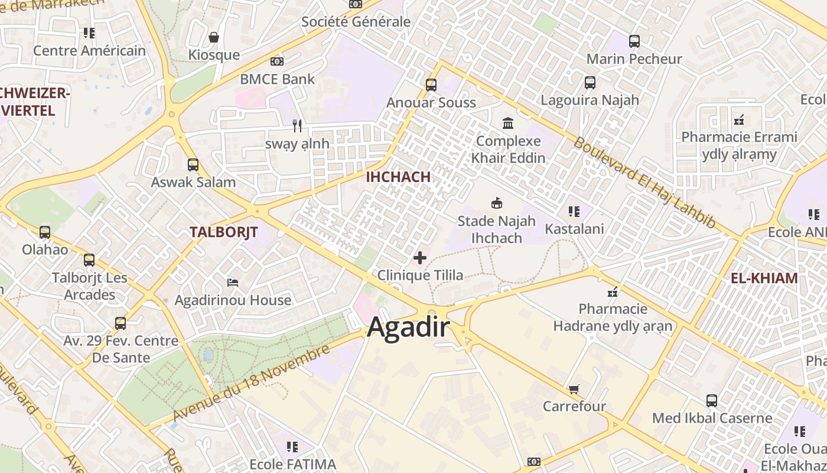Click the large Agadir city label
tap(408, 327)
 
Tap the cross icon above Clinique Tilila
tap(420, 258)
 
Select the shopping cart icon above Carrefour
tap(574, 389)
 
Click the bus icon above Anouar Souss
tap(431, 85)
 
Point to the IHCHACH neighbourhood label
tap(398, 177)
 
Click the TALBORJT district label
tap(223, 232)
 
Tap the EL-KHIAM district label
tap(764, 278)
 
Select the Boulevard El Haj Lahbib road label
tap(644, 183)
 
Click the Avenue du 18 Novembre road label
tap(250, 383)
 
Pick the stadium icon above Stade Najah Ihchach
tap(497, 203)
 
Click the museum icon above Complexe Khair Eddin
tap(508, 123)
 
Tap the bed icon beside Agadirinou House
tap(233, 283)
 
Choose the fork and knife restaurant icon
tap(297, 125)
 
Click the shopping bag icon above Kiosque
tap(214, 37)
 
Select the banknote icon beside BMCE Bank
tap(276, 61)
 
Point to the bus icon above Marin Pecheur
tap(634, 41)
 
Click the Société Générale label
tap(356, 22)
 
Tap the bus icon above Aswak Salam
tap(193, 165)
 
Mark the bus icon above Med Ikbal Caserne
tap(712, 401)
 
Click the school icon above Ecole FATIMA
tap(292, 446)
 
